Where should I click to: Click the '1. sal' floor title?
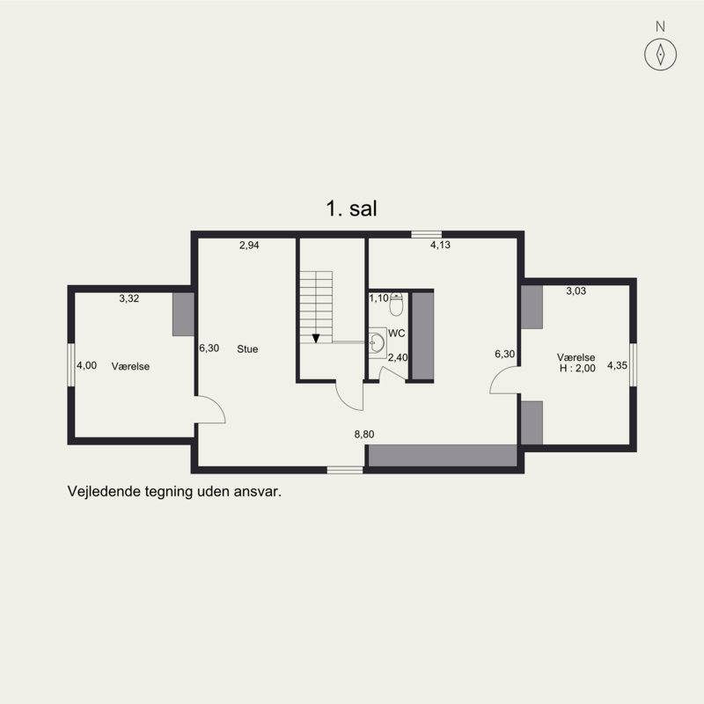(351, 209)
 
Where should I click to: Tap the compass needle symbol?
(660, 55)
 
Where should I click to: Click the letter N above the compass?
(660, 27)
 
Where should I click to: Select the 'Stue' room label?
(247, 348)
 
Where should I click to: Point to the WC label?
(397, 334)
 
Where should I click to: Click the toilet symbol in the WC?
(396, 304)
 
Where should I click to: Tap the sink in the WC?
(378, 342)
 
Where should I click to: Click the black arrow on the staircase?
(316, 338)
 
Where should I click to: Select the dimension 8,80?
(364, 434)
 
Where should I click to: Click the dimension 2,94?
(249, 246)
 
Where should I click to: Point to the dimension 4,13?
(441, 245)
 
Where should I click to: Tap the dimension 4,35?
(618, 365)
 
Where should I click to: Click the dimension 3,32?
(129, 298)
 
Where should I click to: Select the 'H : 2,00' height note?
(577, 368)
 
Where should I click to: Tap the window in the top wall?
(427, 234)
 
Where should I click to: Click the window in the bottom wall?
(345, 470)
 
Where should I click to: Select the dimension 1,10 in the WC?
(379, 298)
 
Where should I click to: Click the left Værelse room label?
(130, 366)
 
